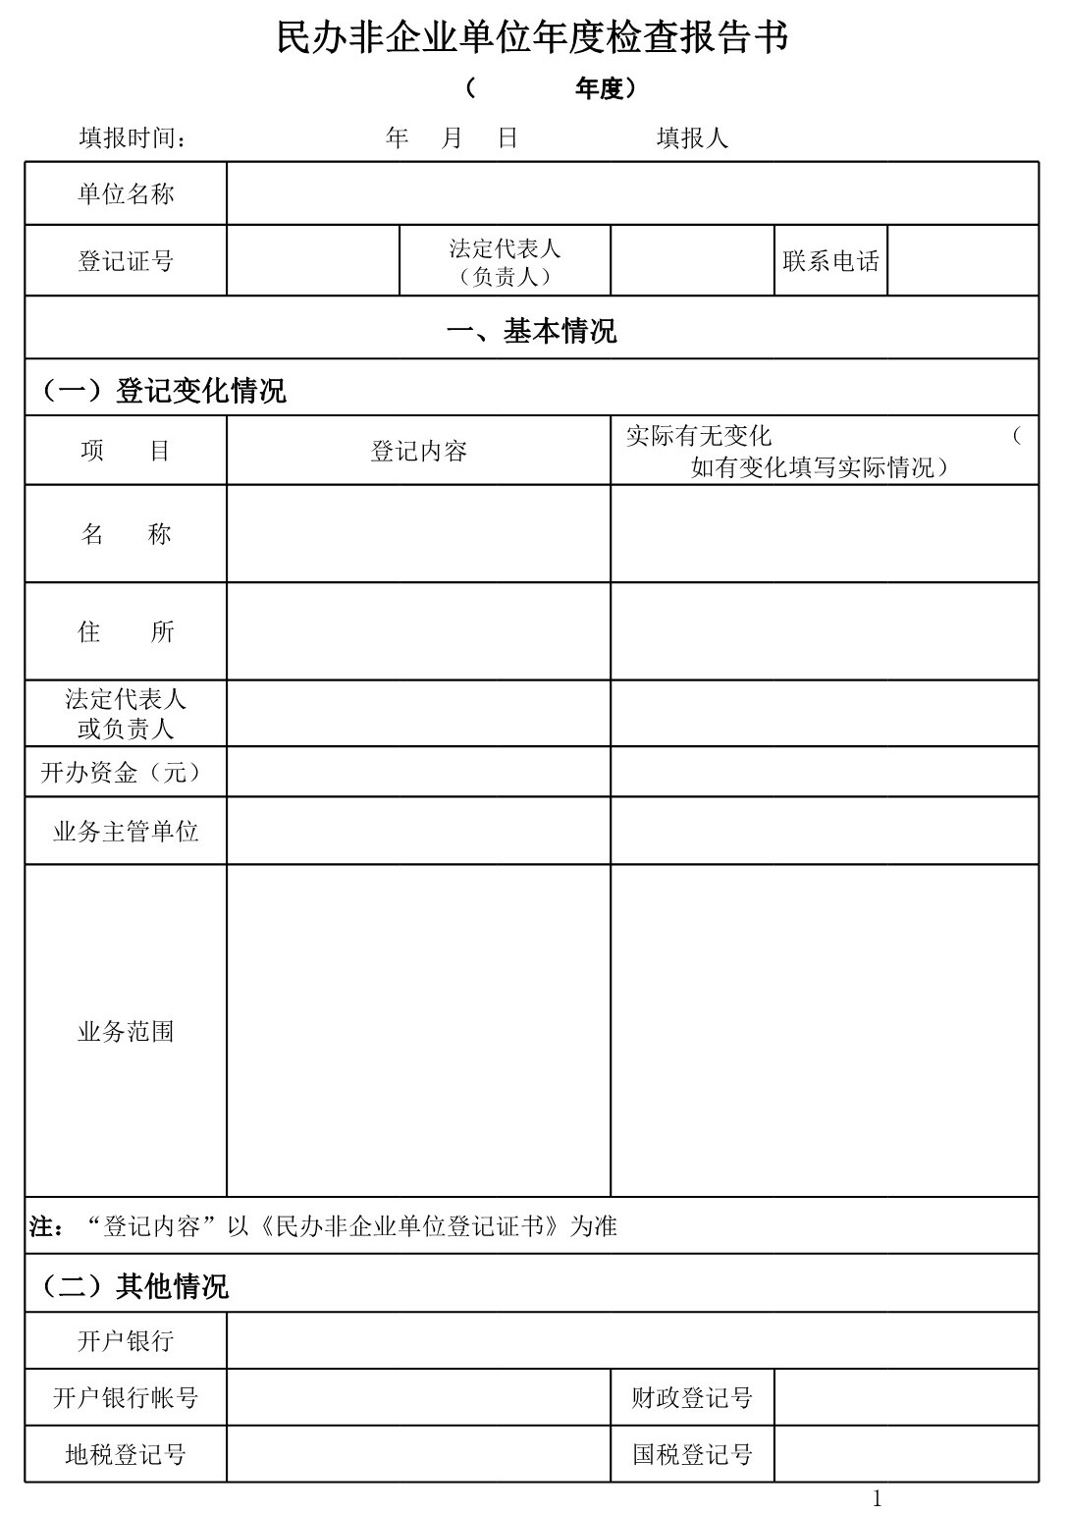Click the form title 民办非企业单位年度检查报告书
532,39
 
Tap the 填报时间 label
133,138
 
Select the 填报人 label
692,138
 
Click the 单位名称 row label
126,194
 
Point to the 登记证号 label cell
126,261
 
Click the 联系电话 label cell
830,261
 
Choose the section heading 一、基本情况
531,331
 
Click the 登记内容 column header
418,452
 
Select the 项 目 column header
126,452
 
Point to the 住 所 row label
126,631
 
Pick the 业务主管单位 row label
126,833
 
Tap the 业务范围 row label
126,1032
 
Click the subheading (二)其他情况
133,1286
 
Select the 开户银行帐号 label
126,1398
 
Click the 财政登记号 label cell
692,1398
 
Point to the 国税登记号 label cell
692,1455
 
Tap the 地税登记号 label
126,1455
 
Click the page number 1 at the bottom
877,1498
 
